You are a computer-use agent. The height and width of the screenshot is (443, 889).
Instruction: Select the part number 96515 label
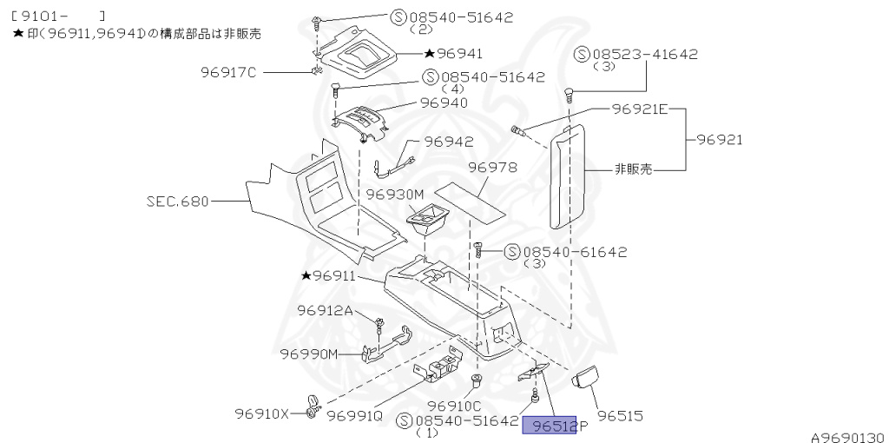[619, 416]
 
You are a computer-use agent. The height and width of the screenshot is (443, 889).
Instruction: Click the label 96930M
[395, 195]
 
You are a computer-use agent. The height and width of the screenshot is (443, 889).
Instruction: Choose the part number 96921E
[639, 109]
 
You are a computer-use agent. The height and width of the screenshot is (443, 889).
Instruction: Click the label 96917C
[227, 72]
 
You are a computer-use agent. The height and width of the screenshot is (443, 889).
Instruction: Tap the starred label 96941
[453, 53]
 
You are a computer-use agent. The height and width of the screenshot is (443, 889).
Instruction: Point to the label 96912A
[325, 310]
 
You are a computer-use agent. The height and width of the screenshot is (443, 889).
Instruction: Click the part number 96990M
[308, 353]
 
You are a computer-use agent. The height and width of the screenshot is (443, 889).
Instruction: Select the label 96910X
[263, 414]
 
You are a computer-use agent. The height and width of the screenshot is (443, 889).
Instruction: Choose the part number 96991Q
[355, 414]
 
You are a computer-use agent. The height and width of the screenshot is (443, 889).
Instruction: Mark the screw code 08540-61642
[574, 252]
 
